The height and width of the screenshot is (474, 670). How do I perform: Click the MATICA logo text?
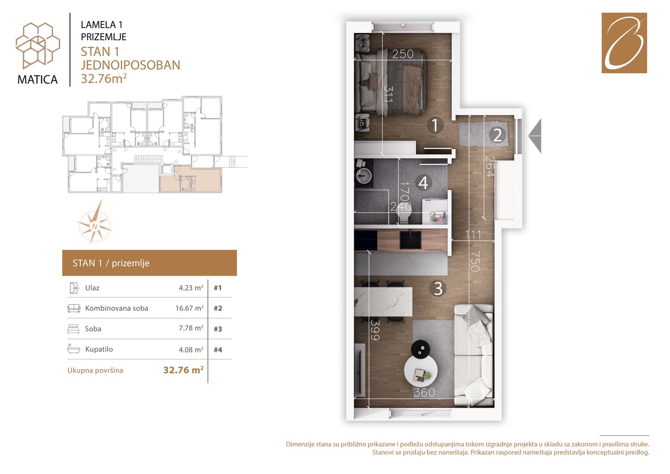(37, 79)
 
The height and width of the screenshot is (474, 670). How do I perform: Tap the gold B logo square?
(624, 43)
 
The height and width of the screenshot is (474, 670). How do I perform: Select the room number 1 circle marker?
(435, 125)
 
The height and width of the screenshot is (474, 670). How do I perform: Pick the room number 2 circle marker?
(497, 135)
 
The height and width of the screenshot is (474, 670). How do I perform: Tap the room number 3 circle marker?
(438, 289)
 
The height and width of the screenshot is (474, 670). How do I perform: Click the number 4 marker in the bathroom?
(423, 183)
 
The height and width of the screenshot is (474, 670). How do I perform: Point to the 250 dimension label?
(403, 54)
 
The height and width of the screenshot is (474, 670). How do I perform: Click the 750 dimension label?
(475, 261)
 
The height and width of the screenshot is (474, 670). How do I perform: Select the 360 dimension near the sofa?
(424, 393)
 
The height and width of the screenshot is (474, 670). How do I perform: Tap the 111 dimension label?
(473, 235)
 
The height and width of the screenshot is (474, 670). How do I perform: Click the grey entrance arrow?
(535, 136)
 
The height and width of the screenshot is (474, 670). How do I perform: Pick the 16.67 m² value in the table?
(190, 308)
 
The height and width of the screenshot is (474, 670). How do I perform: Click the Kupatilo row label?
(99, 349)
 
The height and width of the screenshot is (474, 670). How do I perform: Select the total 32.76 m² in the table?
(183, 370)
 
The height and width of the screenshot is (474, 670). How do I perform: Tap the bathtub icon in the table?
(74, 349)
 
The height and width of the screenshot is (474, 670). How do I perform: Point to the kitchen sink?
(411, 239)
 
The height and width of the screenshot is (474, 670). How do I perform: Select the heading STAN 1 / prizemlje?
(111, 263)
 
